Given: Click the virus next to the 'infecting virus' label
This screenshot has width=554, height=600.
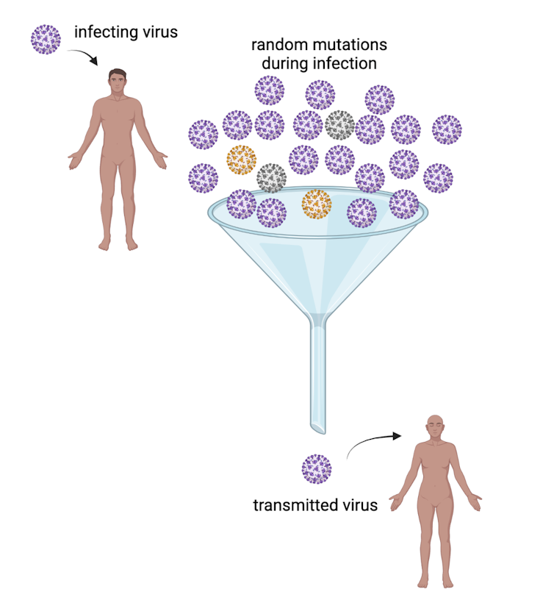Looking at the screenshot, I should (46, 38).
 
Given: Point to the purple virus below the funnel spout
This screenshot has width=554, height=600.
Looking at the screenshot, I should (317, 468).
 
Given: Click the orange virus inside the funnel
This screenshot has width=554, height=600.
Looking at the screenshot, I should (317, 204).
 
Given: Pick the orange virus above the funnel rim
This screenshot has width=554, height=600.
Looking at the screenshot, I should (241, 160).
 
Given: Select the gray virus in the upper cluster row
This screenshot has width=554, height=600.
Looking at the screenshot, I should (339, 125).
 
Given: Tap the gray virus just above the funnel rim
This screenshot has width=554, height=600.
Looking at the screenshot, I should (271, 178).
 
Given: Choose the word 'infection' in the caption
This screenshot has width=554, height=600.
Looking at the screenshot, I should (345, 63).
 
